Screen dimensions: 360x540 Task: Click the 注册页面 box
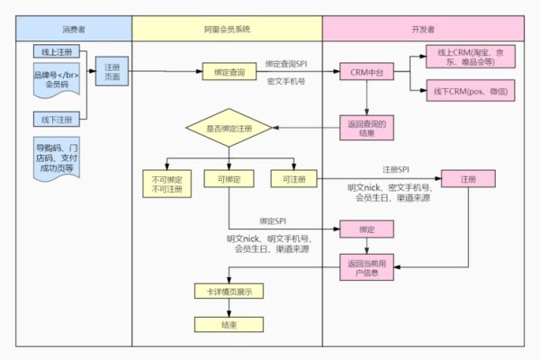(x=113, y=72)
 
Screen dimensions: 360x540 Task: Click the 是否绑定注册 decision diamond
(x=229, y=130)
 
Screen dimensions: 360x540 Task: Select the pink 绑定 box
(x=365, y=229)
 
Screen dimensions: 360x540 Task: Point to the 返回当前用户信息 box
(x=365, y=267)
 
